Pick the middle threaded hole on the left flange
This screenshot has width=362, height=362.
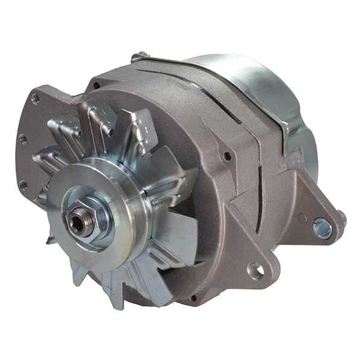[24, 139]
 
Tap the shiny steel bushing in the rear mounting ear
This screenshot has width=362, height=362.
[322, 227]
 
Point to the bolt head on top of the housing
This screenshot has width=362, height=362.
[140, 57]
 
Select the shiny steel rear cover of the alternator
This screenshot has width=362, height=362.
[253, 84]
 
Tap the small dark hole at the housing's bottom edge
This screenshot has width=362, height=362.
[193, 297]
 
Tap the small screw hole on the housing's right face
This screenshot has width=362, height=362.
[227, 156]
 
